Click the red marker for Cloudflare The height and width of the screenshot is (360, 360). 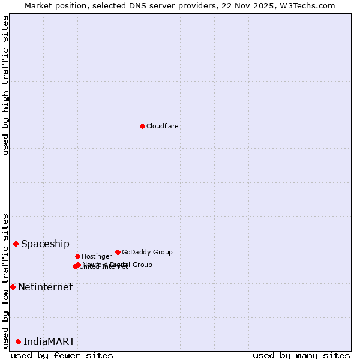(142, 126)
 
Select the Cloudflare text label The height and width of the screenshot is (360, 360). (163, 127)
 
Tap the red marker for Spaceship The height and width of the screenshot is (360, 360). (16, 244)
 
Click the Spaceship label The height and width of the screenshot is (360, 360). (45, 244)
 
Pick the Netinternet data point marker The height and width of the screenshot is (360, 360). (13, 287)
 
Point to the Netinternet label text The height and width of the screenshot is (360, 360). (45, 287)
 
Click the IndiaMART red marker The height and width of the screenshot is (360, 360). (18, 341)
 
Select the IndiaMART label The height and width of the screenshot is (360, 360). (49, 342)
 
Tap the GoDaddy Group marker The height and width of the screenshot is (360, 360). (118, 252)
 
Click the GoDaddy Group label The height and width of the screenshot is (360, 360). (147, 253)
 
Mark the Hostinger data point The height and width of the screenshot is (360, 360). (77, 256)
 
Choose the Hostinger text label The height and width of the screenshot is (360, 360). (97, 257)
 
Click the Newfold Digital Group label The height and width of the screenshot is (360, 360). (118, 265)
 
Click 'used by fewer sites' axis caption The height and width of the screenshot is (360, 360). (62, 355)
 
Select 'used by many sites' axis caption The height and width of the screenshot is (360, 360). (301, 355)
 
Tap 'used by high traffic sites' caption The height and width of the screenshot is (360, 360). (6, 85)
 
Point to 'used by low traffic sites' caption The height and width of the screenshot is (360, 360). (6, 281)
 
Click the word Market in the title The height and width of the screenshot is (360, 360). (37, 5)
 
